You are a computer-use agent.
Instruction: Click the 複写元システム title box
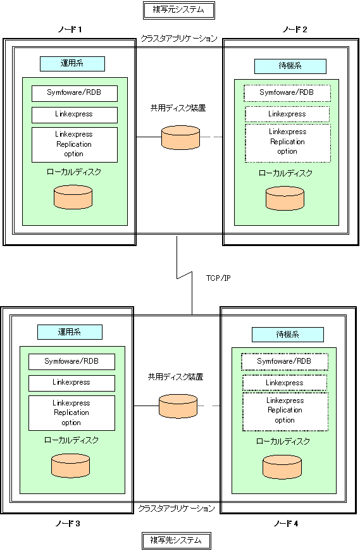pyautogui.click(x=179, y=10)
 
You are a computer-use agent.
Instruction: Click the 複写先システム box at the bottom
pyautogui.click(x=177, y=540)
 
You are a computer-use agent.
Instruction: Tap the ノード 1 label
pyautogui.click(x=70, y=30)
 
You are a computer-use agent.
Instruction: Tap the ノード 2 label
pyautogui.click(x=295, y=30)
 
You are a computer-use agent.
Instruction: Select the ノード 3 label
pyautogui.click(x=68, y=524)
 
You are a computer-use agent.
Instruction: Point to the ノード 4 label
pyautogui.click(x=286, y=524)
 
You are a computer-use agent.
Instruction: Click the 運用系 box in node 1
pyautogui.click(x=72, y=64)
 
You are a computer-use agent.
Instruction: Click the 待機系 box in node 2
pyautogui.click(x=290, y=66)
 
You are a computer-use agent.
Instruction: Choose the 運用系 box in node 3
pyautogui.click(x=70, y=332)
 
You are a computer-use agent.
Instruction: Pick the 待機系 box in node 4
pyautogui.click(x=288, y=335)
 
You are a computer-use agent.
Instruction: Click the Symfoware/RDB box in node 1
pyautogui.click(x=75, y=94)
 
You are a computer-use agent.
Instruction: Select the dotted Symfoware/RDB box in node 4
pyautogui.click(x=285, y=362)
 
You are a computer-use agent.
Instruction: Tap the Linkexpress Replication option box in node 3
pyautogui.click(x=71, y=413)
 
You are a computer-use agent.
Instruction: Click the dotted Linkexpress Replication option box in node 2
pyautogui.click(x=288, y=143)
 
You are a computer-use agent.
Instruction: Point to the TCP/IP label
pyautogui.click(x=218, y=278)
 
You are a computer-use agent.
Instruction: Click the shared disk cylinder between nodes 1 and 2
pyautogui.click(x=181, y=137)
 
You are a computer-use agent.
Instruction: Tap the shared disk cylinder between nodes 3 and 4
pyautogui.click(x=178, y=406)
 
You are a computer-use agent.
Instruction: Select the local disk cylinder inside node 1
pyautogui.click(x=73, y=197)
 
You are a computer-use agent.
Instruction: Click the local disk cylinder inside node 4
pyautogui.click(x=282, y=467)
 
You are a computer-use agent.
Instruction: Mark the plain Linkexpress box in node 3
pyautogui.click(x=71, y=383)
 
